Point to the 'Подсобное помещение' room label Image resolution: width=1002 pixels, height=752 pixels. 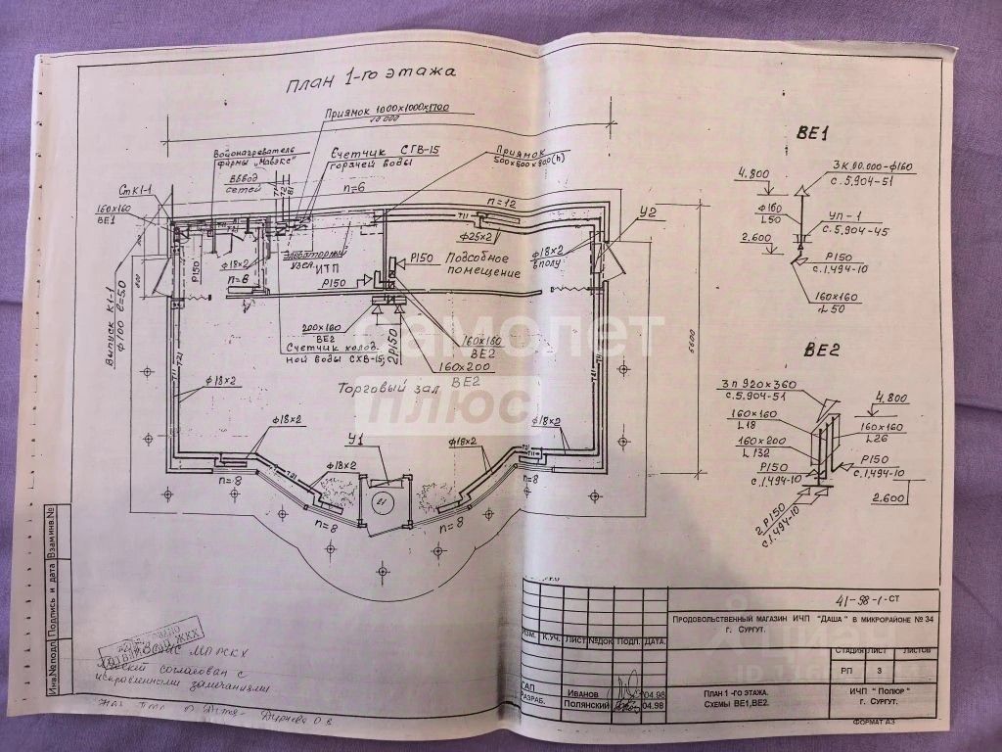(478, 265)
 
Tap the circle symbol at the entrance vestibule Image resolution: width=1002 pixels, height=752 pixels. (383, 502)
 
